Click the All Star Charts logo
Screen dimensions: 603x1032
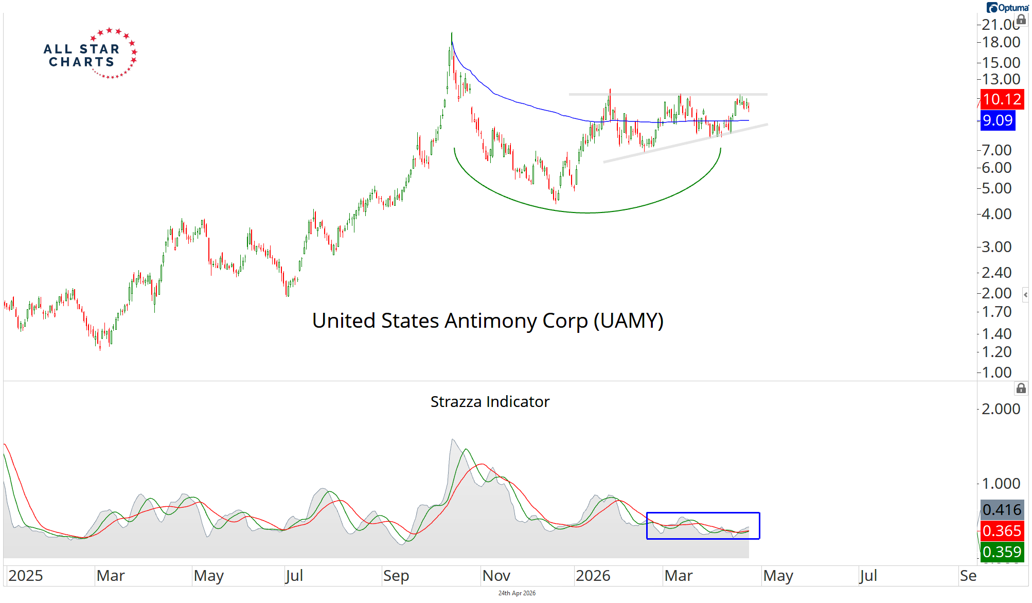click(90, 54)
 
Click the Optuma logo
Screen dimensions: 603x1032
click(1007, 8)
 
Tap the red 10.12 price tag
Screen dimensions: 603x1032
click(1001, 99)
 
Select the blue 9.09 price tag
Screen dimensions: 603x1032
click(998, 120)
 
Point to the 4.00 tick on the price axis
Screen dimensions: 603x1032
click(997, 214)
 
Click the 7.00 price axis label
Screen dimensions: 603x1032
click(997, 150)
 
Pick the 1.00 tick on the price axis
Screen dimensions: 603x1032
click(997, 373)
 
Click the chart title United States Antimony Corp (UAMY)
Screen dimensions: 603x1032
click(488, 321)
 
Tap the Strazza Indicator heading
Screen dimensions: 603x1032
click(490, 401)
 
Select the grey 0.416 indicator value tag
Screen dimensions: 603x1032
click(1002, 510)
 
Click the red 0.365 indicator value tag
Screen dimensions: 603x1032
click(1002, 530)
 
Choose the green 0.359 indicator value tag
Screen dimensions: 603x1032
click(1002, 552)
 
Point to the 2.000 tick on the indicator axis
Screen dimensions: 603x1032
click(1001, 409)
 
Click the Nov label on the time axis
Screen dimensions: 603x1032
click(496, 576)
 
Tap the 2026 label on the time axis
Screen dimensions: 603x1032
click(593, 576)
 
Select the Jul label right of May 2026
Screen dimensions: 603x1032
click(868, 576)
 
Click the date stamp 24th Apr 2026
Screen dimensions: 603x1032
click(517, 593)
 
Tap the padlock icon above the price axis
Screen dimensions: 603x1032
click(1021, 20)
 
